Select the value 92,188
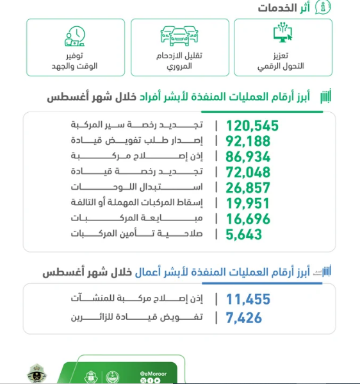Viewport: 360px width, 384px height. point(249,141)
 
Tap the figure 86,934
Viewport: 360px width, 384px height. point(249,156)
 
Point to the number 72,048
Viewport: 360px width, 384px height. point(249,172)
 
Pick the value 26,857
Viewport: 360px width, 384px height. point(249,188)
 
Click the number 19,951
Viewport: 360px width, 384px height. point(249,203)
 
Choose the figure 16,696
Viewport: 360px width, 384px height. point(249,219)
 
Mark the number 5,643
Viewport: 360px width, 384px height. point(244,235)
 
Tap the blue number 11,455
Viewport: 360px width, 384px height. point(249,299)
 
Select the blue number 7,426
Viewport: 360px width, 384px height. point(244,317)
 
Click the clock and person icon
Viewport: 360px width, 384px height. point(75,37)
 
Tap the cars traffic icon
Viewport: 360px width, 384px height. point(180,37)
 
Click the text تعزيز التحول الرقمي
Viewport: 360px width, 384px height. point(283,62)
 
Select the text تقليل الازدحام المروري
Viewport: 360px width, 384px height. point(180,62)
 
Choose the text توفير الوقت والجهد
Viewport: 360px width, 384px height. point(75,62)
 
